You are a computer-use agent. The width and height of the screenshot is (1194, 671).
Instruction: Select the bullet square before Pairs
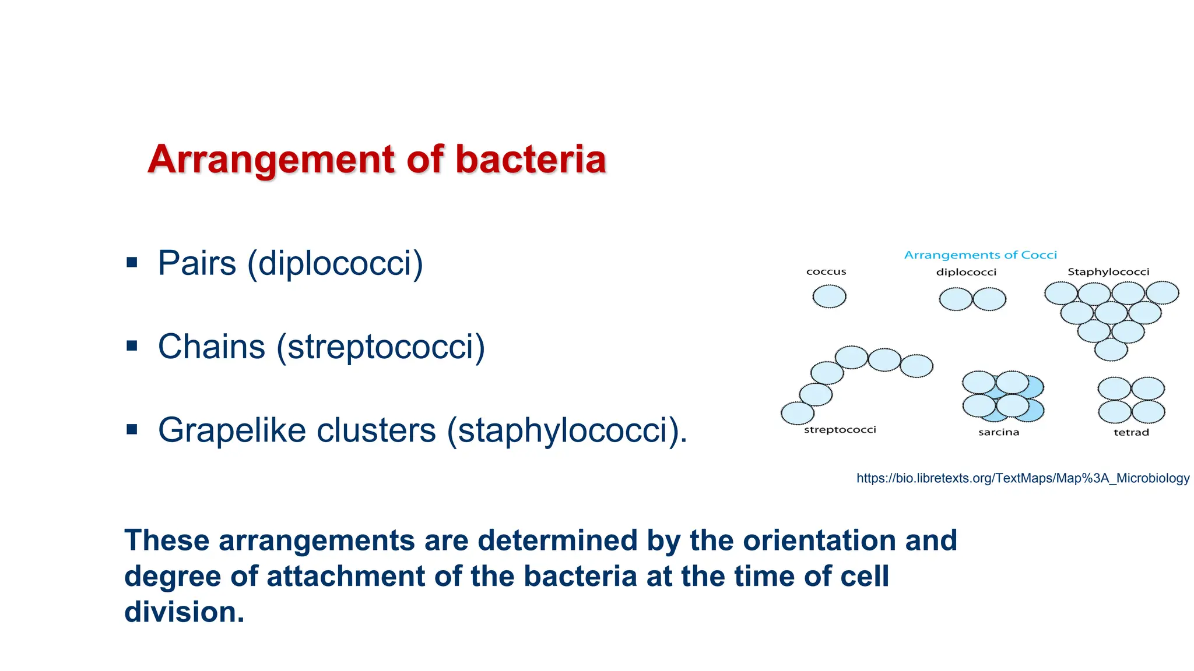(x=132, y=263)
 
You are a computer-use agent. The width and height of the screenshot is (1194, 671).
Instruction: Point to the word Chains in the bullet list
(x=212, y=347)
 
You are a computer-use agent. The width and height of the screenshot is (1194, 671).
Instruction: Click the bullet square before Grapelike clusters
(x=132, y=430)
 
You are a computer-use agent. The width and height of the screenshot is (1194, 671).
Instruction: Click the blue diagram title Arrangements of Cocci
(x=980, y=255)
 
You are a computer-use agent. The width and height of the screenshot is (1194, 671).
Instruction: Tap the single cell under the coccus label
(x=829, y=296)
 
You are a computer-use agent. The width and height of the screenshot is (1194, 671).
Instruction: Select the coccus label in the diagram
(x=826, y=272)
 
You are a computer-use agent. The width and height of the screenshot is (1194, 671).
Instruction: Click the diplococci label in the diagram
(x=966, y=272)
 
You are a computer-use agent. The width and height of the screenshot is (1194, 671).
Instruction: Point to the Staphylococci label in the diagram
(x=1108, y=272)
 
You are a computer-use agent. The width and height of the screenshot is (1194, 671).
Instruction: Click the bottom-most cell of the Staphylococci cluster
(x=1111, y=350)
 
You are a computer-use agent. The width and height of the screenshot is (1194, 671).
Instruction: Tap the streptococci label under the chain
(x=840, y=430)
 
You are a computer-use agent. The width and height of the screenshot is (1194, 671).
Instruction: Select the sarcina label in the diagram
(x=999, y=432)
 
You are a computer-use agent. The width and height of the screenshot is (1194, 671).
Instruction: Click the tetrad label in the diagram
(x=1131, y=432)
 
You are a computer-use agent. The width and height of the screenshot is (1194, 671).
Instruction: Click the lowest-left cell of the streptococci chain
(x=797, y=414)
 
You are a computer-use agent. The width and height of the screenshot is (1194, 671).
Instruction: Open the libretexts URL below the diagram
(x=1023, y=478)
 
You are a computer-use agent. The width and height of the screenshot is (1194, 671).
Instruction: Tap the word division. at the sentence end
(x=184, y=612)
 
